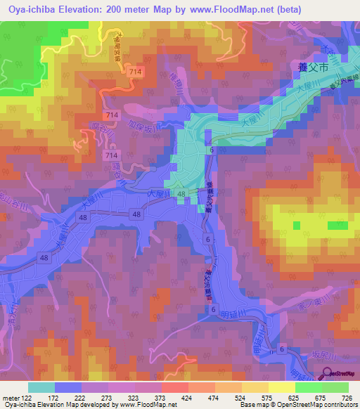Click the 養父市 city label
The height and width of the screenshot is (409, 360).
[x=310, y=68]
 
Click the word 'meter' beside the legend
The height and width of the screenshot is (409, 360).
[x=10, y=398]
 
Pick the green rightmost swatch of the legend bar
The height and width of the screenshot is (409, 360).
[x=335, y=387]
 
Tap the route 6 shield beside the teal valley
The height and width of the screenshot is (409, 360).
[x=210, y=150]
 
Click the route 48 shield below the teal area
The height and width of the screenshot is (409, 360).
[x=181, y=194]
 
